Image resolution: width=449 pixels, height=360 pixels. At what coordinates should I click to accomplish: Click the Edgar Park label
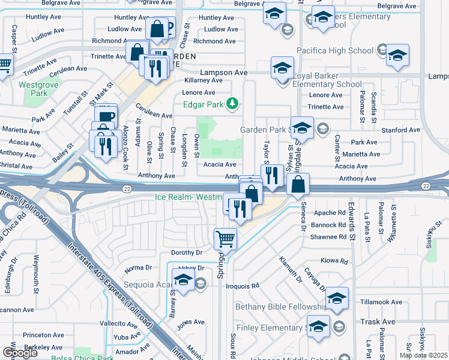(204, 105)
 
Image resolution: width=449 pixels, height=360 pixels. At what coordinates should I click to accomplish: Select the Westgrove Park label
(33, 89)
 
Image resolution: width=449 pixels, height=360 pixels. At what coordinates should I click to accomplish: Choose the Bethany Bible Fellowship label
(273, 307)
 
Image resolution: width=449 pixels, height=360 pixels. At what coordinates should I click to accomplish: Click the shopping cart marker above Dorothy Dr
(226, 238)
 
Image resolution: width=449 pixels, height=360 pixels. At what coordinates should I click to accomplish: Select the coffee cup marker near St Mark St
(106, 116)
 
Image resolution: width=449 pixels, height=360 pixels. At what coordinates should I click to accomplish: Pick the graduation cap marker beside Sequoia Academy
(182, 280)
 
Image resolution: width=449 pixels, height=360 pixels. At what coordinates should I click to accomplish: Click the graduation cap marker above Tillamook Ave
(337, 298)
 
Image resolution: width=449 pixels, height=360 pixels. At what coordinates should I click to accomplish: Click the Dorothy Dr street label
(187, 253)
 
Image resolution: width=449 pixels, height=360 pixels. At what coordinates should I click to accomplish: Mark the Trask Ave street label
(378, 322)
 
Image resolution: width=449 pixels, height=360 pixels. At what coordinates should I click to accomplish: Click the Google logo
(19, 353)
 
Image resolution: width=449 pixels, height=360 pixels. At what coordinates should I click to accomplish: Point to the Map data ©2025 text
(423, 355)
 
